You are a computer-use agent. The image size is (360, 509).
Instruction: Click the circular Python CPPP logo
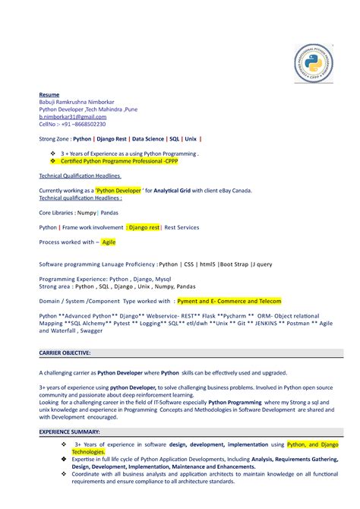click(313, 63)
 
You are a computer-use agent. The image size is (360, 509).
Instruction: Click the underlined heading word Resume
click(49, 95)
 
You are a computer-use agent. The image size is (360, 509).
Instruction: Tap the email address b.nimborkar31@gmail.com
click(72, 117)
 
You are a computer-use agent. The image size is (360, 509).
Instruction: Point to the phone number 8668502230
click(89, 125)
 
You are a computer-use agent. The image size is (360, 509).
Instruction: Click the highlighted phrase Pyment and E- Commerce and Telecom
click(229, 301)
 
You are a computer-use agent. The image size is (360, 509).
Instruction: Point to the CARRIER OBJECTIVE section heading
click(65, 353)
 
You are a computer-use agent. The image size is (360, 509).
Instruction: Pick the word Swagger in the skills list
click(91, 330)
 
